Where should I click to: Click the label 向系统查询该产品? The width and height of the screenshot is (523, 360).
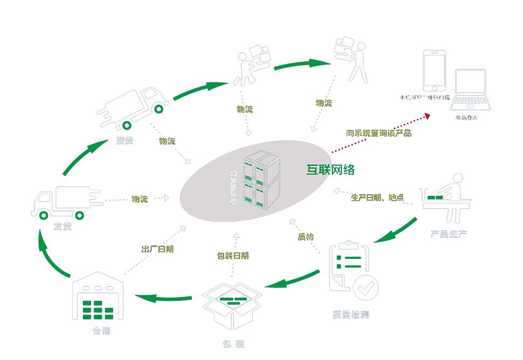click(378, 133)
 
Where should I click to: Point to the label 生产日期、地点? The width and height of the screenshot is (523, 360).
click(377, 197)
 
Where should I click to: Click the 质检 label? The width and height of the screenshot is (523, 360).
click(305, 236)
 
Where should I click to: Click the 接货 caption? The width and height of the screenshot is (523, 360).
click(125, 142)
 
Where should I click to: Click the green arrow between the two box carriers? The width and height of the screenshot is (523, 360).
click(302, 65)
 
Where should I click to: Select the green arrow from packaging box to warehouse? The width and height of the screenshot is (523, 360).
click(163, 297)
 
